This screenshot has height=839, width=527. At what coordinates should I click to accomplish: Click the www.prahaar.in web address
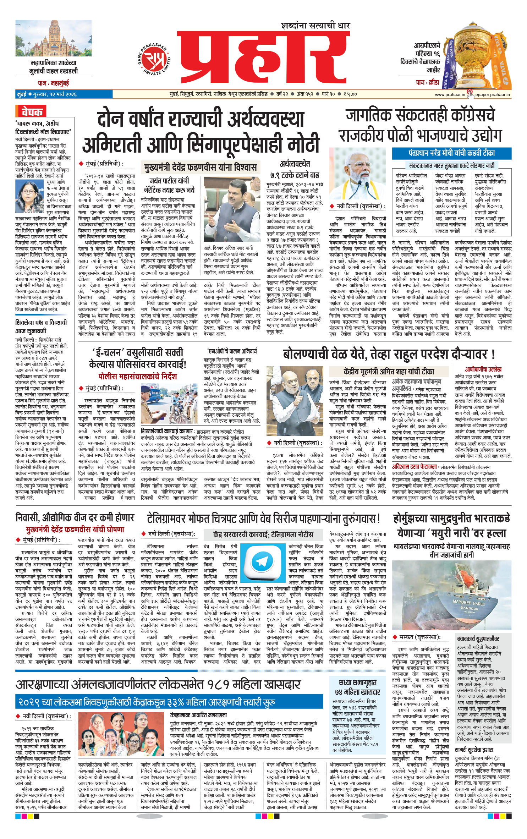pos(450,94)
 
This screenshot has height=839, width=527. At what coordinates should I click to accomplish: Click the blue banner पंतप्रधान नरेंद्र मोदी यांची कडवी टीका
pos(451,153)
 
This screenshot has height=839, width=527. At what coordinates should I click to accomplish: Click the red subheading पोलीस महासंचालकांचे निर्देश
pos(137,376)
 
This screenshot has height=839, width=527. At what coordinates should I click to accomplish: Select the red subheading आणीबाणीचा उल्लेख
pos(483,369)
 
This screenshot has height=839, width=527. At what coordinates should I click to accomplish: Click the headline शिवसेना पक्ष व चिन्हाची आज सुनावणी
pos(41,326)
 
